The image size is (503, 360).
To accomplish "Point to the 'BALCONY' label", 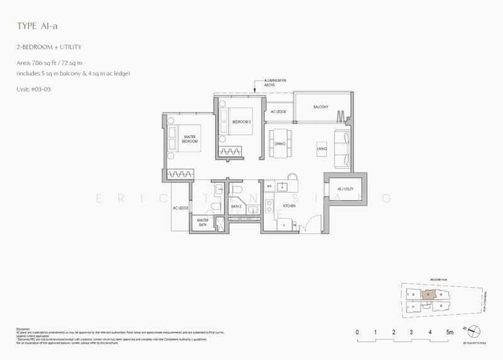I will [x=321, y=107].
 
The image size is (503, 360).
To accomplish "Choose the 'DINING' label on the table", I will [x=280, y=143].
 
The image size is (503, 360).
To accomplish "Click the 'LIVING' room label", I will [x=321, y=149].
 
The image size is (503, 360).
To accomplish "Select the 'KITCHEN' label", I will [x=289, y=206].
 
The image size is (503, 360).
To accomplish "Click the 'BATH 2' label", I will [x=236, y=206].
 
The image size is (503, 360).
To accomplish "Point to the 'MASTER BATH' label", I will [x=202, y=222].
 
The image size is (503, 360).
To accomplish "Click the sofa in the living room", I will [x=343, y=149].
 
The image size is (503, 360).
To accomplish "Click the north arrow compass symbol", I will [x=474, y=331].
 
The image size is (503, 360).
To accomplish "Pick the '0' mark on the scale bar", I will [x=357, y=331].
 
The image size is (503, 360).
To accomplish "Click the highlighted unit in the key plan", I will [x=428, y=293].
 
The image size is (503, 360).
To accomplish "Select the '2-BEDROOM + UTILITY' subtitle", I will [x=48, y=48].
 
